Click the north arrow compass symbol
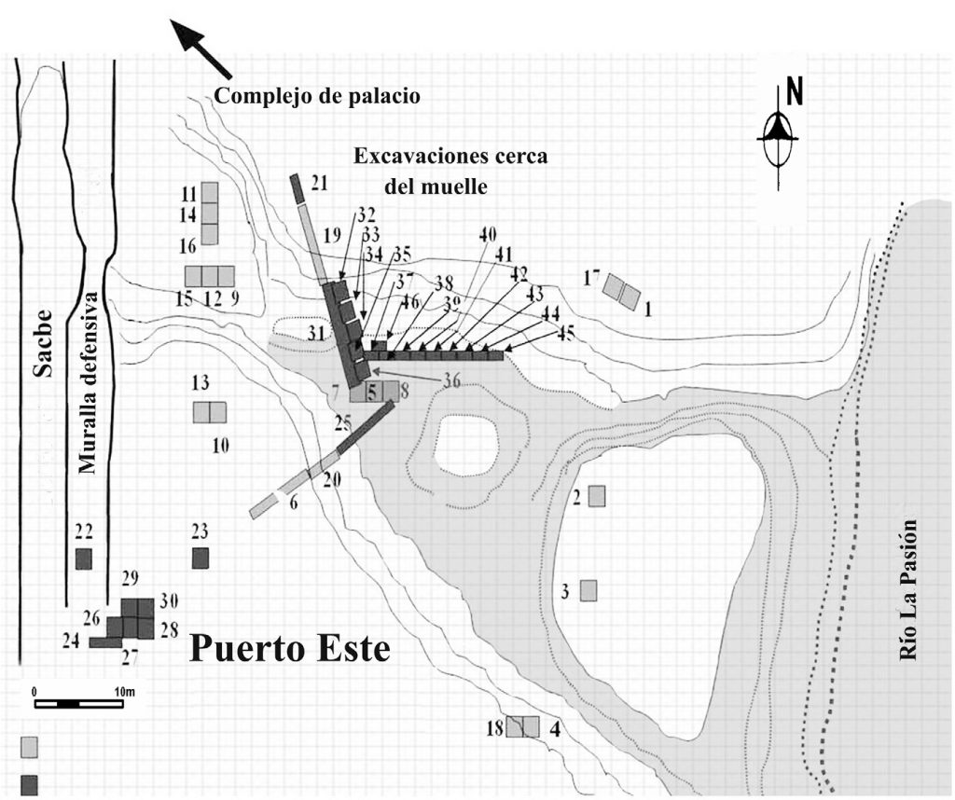(x=778, y=131)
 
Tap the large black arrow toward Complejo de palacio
(x=202, y=49)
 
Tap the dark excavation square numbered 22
(x=84, y=559)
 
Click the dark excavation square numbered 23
(x=200, y=558)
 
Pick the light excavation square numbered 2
(x=597, y=496)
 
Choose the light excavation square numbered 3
(x=588, y=590)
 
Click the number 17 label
(x=590, y=277)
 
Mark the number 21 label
(x=320, y=184)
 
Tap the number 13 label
(x=200, y=383)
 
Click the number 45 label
(x=564, y=336)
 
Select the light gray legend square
(x=30, y=747)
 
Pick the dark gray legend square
(x=30, y=781)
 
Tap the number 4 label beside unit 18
(x=556, y=728)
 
